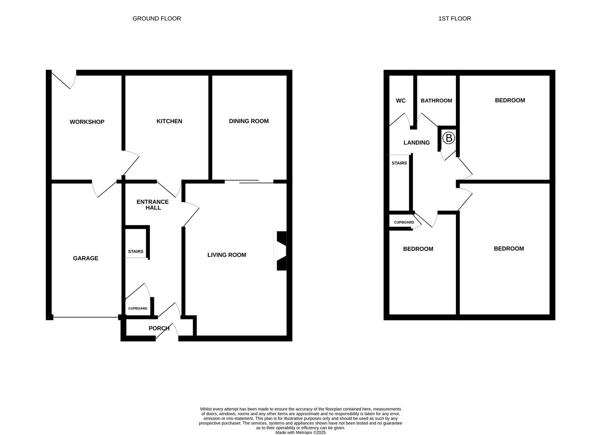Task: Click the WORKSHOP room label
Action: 87,122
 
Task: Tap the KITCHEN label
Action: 169,121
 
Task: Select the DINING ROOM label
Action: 249,121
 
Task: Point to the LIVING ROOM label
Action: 226,255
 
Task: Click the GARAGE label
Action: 85,259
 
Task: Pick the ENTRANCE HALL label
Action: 153,205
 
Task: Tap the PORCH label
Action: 159,328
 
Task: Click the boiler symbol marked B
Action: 448,138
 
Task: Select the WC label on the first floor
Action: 400,101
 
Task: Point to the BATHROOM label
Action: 436,101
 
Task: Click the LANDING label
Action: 417,143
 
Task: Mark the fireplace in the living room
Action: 280,251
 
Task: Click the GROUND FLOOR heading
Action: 157,19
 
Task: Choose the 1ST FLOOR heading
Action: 454,19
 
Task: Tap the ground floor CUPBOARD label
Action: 138,309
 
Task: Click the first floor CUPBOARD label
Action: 404,222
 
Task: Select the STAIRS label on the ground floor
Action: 135,252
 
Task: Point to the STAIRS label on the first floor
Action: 399,163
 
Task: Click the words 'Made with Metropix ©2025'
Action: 300,433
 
